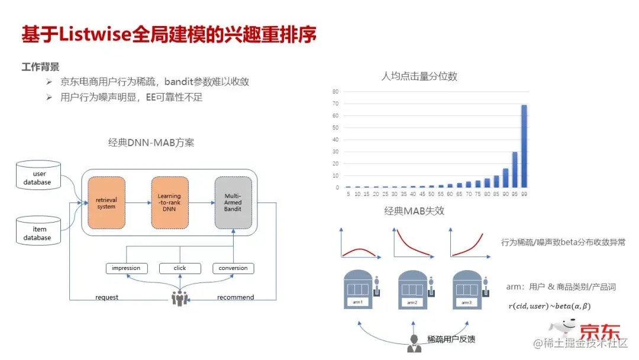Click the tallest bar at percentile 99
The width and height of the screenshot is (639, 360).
click(524, 146)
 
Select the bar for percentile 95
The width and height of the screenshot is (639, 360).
click(515, 170)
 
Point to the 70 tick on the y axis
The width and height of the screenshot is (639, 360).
click(335, 104)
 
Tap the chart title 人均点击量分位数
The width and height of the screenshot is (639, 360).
click(419, 76)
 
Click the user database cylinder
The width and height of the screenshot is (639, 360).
click(38, 175)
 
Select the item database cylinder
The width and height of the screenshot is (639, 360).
click(38, 230)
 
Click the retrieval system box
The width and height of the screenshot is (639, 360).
click(106, 202)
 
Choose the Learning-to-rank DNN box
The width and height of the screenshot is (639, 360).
click(169, 202)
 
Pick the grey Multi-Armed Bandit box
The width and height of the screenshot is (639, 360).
click(233, 202)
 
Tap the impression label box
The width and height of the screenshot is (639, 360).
click(126, 268)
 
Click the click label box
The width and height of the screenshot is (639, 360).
click(180, 268)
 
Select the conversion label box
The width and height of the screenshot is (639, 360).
click(233, 268)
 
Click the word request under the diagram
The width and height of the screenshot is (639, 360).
click(106, 297)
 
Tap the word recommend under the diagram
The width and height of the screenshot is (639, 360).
click(235, 297)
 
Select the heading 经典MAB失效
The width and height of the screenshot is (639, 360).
click(414, 211)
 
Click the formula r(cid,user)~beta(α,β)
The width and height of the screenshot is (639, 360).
click(550, 306)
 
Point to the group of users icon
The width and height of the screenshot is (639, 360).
click(180, 297)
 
